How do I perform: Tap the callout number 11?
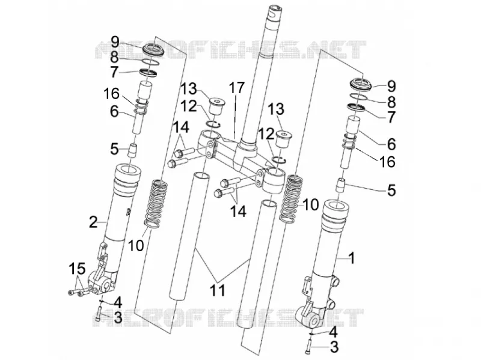click(217, 290)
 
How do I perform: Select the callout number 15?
click(77, 269)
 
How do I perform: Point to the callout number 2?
click(93, 222)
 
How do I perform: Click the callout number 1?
click(352, 258)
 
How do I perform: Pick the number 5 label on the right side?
click(391, 190)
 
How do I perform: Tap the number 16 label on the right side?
click(387, 162)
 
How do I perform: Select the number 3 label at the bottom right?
click(334, 347)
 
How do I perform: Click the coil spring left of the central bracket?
click(156, 204)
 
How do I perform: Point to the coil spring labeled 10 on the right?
click(290, 198)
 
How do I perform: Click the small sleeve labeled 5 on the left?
click(132, 150)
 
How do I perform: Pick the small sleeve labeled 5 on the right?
click(341, 185)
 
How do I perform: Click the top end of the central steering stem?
click(277, 9)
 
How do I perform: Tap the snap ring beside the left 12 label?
click(213, 124)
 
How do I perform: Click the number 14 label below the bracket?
click(238, 211)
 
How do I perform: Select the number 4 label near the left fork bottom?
click(117, 303)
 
